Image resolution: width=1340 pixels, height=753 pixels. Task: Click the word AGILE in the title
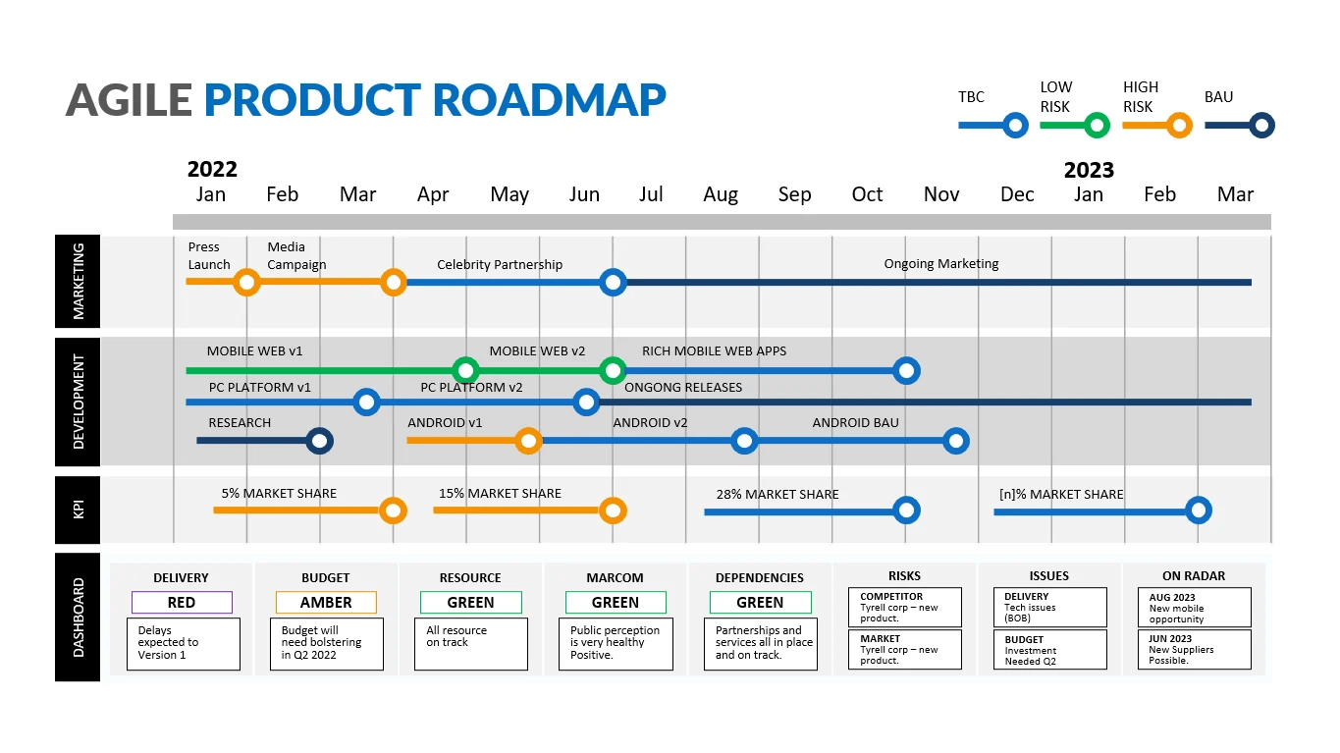tap(129, 100)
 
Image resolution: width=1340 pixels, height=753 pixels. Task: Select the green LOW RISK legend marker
tap(1098, 126)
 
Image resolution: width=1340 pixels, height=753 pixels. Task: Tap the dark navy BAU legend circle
tap(1262, 126)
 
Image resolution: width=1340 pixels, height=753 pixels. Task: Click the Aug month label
tap(721, 194)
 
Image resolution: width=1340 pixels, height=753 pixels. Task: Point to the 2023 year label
tap(1089, 170)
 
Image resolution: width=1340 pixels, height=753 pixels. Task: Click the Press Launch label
tap(209, 255)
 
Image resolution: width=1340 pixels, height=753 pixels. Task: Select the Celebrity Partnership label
tap(500, 264)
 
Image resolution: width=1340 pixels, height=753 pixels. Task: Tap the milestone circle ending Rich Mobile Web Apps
tap(907, 371)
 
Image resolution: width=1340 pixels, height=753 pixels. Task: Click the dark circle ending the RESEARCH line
tap(319, 441)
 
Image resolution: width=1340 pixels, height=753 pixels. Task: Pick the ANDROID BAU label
tap(855, 423)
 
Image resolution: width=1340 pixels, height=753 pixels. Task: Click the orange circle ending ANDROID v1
tap(528, 441)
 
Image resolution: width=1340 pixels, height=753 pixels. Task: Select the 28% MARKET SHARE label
tap(777, 494)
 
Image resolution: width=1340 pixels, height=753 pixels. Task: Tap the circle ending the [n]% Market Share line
tap(1198, 511)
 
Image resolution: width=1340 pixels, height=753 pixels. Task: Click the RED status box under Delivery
tap(182, 603)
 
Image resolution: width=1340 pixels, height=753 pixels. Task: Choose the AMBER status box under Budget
tap(326, 603)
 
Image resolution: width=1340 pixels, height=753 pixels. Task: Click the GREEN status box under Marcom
tap(616, 603)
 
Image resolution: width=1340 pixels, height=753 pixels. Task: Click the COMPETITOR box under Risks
tap(904, 607)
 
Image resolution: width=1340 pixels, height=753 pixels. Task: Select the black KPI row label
tap(79, 510)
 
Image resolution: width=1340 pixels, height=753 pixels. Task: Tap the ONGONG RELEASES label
tap(683, 387)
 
